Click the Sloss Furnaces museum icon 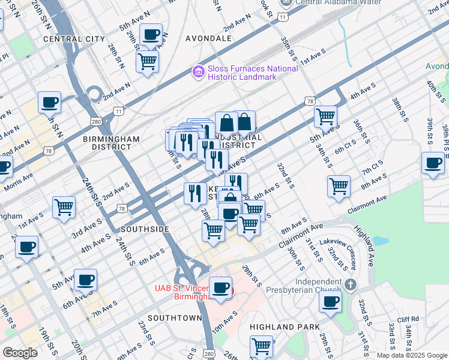[x=197, y=73]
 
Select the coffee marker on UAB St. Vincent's [x=221, y=288]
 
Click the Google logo [x=20, y=353]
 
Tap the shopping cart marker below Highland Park [x=262, y=347]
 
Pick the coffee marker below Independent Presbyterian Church [x=330, y=302]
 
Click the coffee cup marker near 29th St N [x=151, y=34]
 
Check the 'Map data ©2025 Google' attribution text [x=411, y=355]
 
